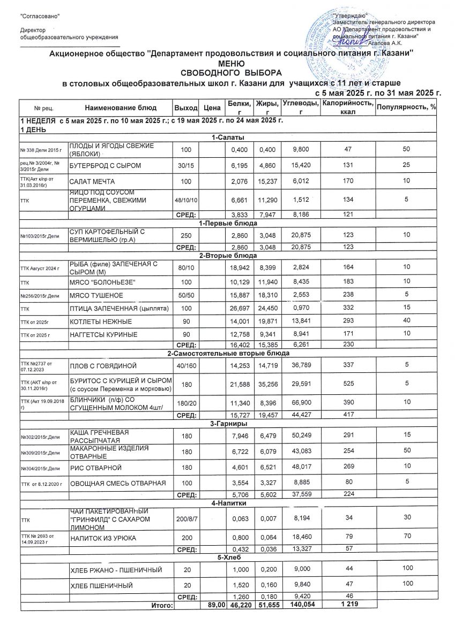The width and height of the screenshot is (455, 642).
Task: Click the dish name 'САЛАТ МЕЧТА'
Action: [x=92, y=181]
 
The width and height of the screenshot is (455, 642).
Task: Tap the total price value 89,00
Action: [x=208, y=605]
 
